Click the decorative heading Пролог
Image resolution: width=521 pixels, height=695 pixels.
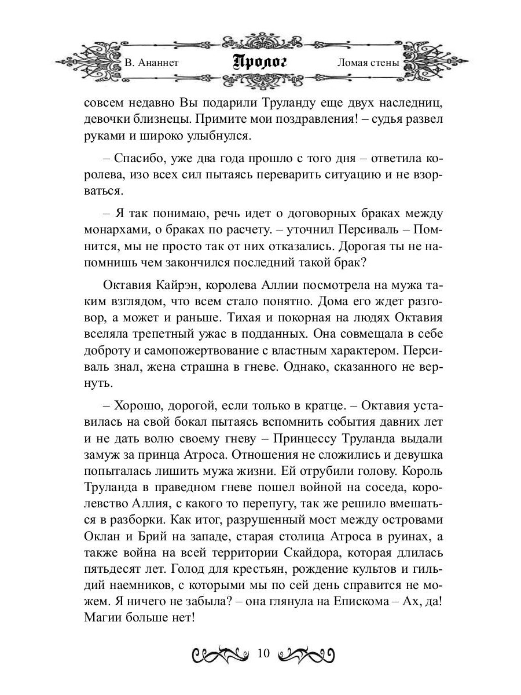pyautogui.click(x=260, y=62)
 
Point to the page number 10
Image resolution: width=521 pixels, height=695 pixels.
pyautogui.click(x=263, y=654)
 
